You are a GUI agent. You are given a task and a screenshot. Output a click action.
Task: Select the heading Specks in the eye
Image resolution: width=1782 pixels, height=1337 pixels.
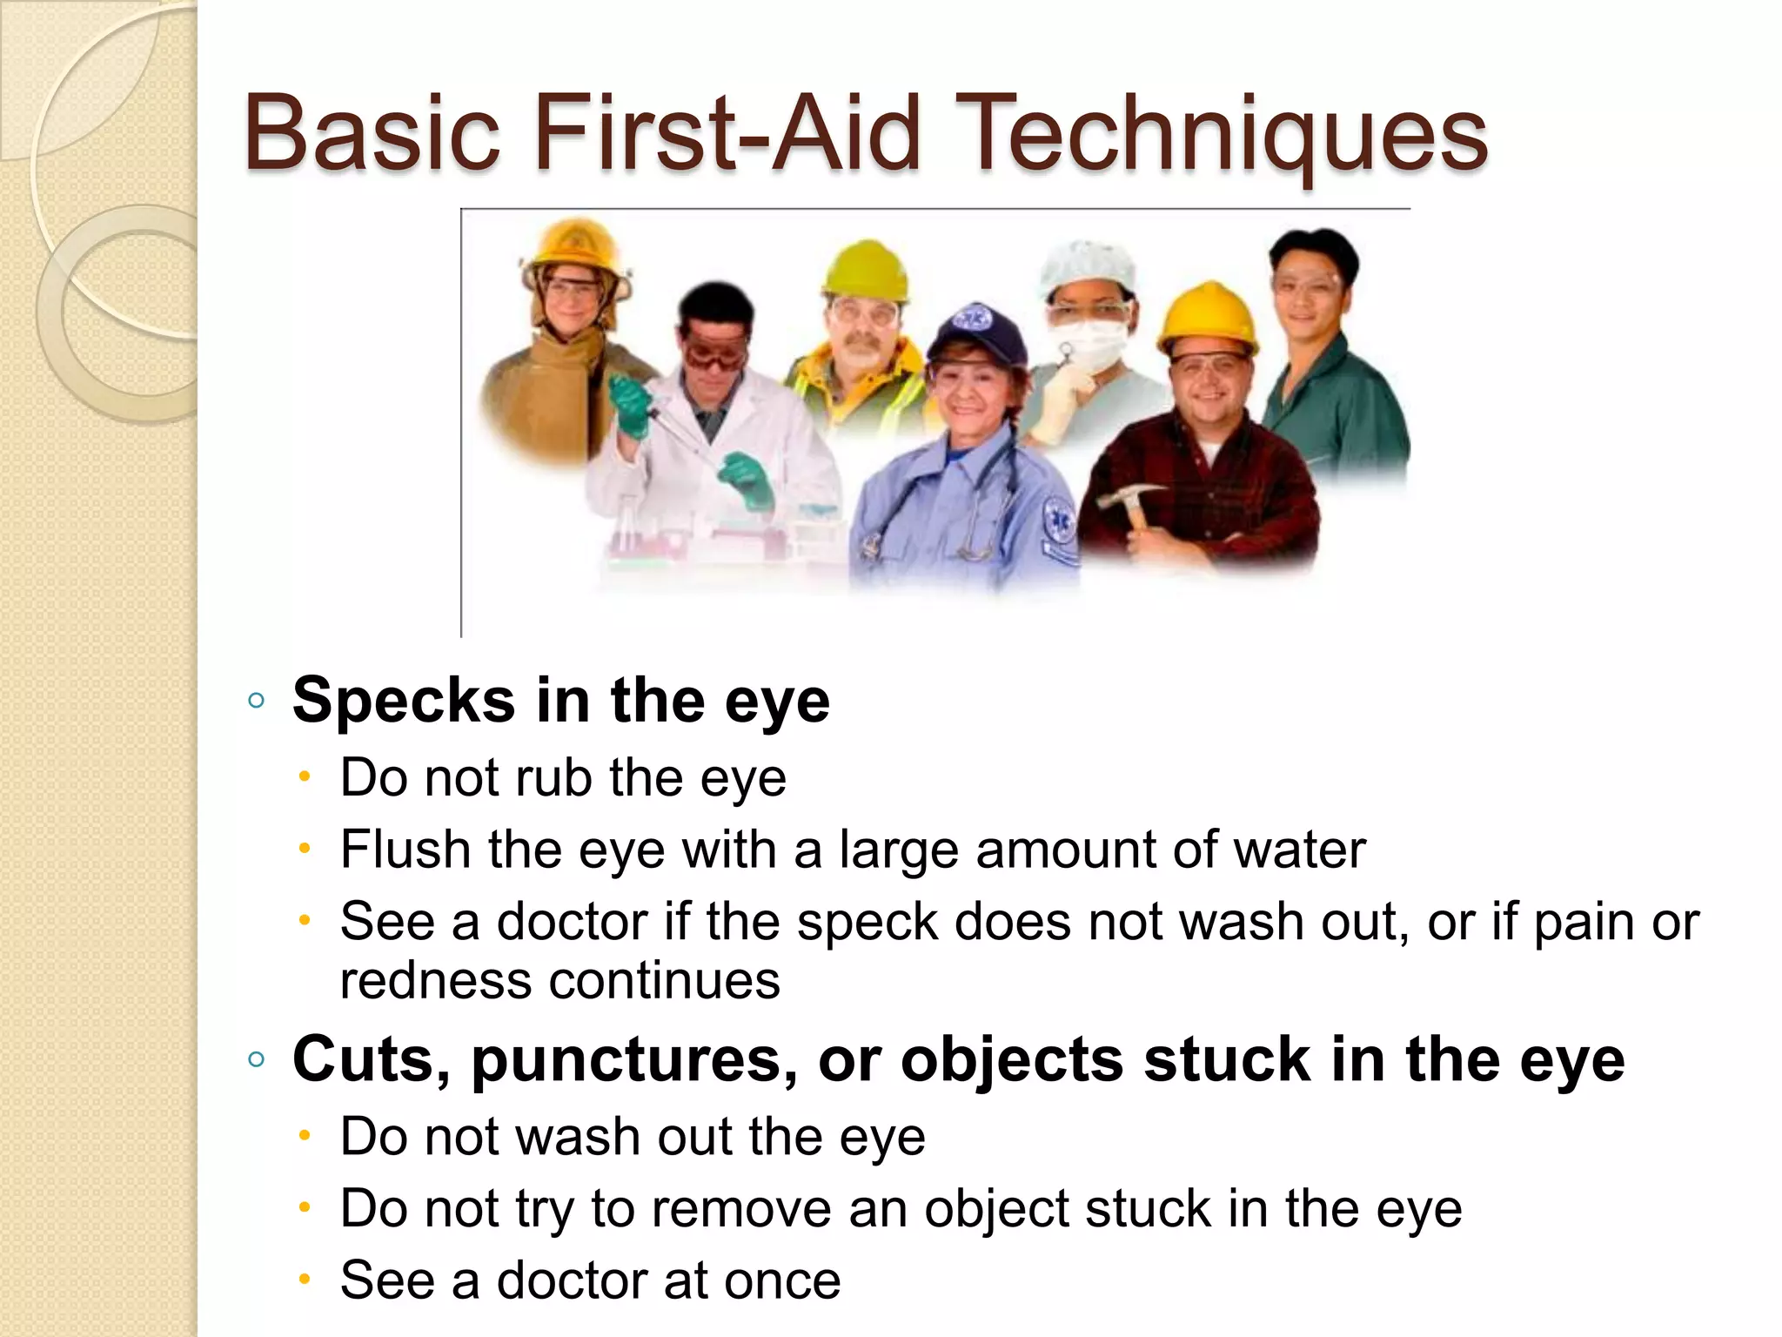click(561, 700)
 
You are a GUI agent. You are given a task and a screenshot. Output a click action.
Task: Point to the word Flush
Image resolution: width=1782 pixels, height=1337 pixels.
click(405, 849)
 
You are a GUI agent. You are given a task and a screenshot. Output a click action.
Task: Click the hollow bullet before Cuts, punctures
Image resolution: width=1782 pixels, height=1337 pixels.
click(256, 1059)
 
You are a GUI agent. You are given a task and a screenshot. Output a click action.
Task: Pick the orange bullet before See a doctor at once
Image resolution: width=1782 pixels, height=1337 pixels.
click(304, 1280)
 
